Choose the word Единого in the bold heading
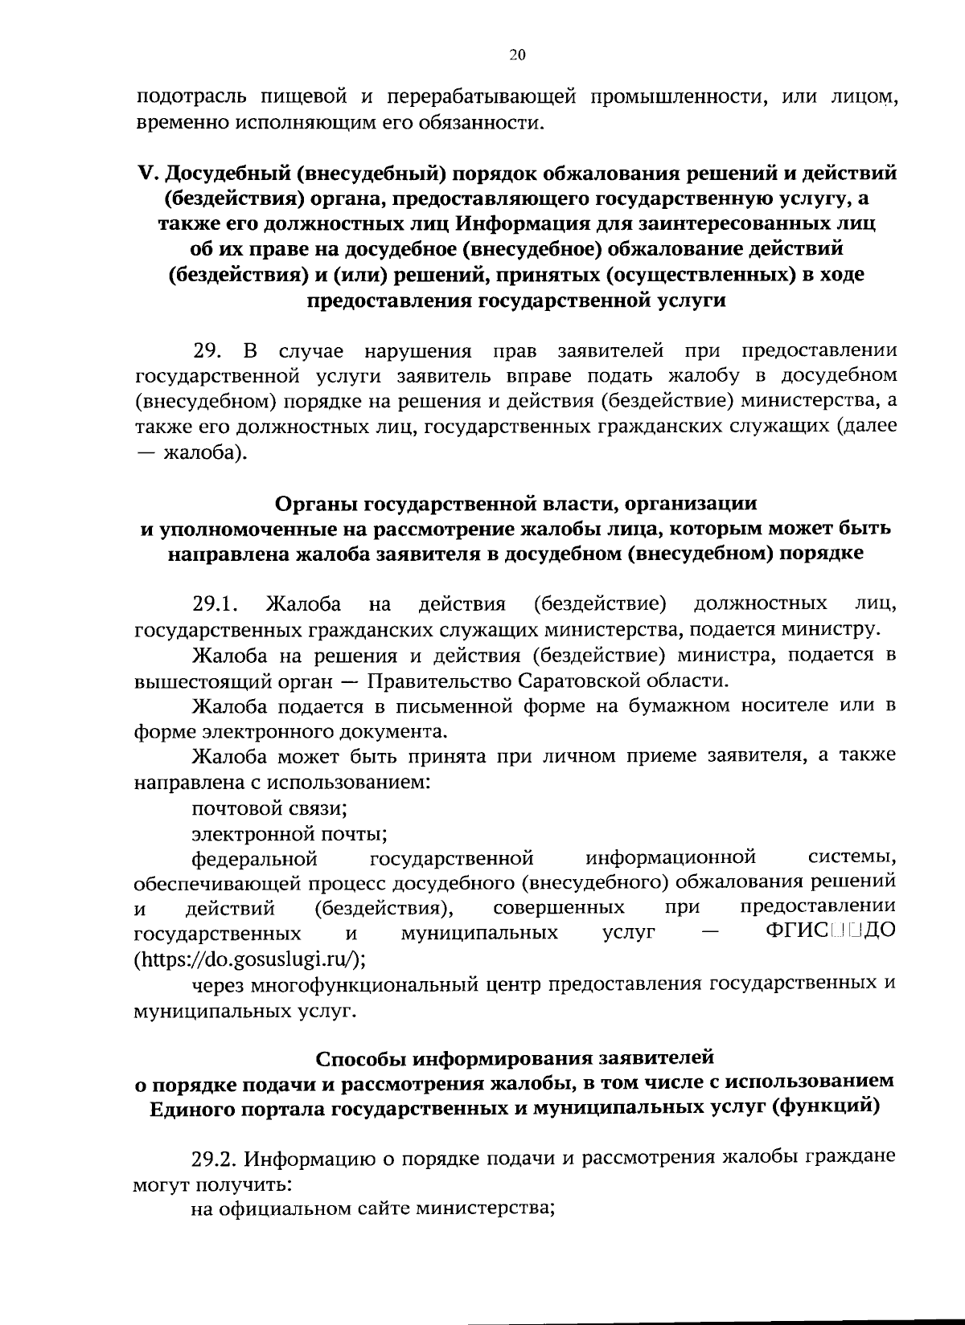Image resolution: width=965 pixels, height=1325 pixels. [193, 1107]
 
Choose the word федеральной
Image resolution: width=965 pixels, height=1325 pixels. [255, 858]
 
